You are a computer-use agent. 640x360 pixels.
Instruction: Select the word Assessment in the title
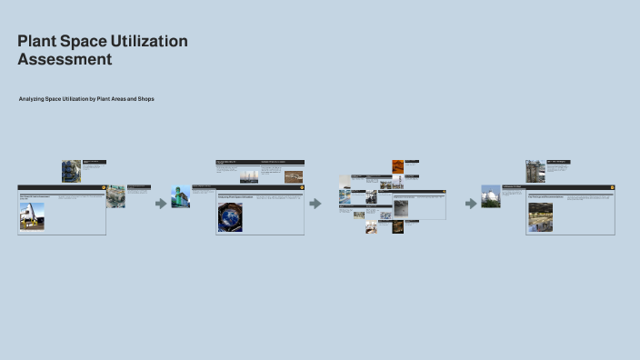click(x=65, y=60)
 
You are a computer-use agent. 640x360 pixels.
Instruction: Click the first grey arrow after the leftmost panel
click(x=161, y=204)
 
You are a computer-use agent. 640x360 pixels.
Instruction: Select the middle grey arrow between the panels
click(x=315, y=204)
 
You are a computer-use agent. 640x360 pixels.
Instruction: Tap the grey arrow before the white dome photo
click(x=471, y=204)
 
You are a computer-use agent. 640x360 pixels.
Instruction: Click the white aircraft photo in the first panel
click(x=32, y=215)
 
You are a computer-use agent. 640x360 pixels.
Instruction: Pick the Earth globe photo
click(x=230, y=217)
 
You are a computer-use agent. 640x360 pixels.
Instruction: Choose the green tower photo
click(x=180, y=196)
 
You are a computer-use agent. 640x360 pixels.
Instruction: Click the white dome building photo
click(x=491, y=196)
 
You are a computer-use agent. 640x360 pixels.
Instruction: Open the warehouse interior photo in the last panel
click(x=540, y=217)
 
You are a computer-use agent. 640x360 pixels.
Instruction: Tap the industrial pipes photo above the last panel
click(x=535, y=172)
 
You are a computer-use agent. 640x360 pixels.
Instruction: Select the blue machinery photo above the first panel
click(x=71, y=171)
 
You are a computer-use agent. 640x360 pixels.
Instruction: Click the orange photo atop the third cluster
click(x=398, y=166)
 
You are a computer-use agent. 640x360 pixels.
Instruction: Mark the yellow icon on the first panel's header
click(x=103, y=187)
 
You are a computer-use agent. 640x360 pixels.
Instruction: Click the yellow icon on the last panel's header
click(x=612, y=187)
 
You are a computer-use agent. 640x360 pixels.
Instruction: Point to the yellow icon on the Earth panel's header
click(x=301, y=187)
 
